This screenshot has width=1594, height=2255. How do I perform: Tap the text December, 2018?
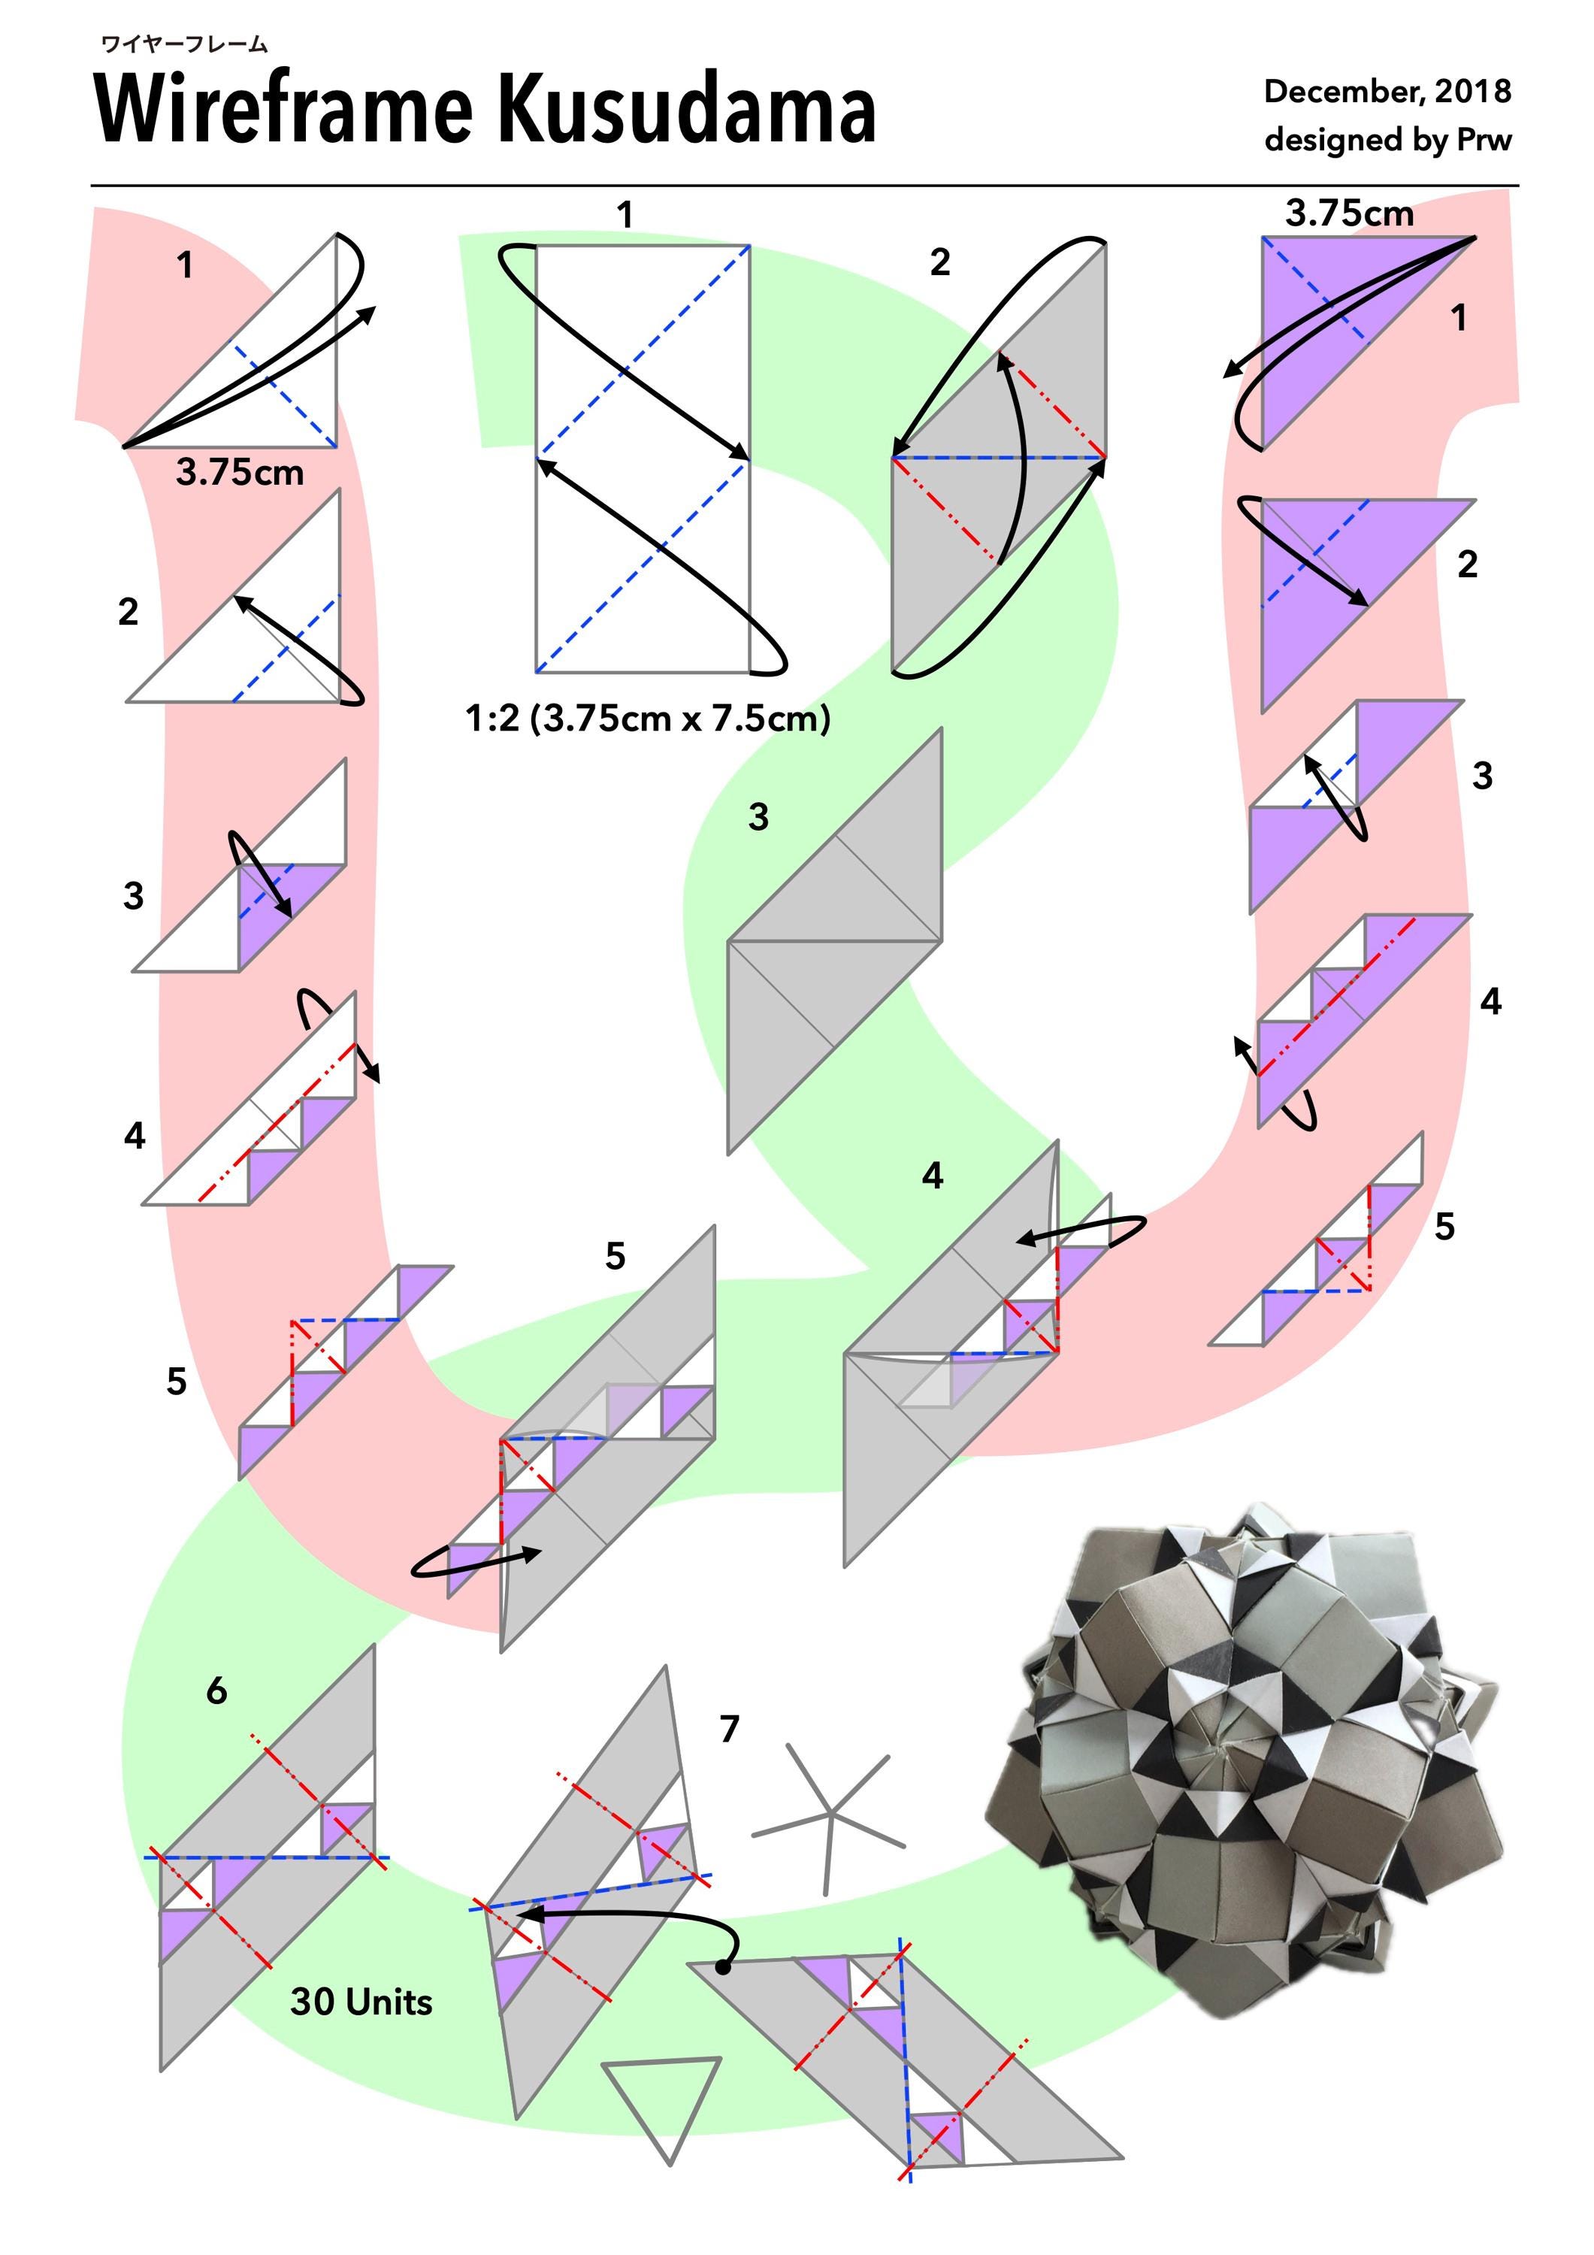click(x=1387, y=92)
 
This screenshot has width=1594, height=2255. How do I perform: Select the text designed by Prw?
click(x=1387, y=140)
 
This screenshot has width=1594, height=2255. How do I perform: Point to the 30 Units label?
click(x=361, y=2001)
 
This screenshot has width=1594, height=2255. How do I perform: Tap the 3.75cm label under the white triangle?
click(x=240, y=472)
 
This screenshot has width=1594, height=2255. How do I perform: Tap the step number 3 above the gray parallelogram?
click(x=758, y=816)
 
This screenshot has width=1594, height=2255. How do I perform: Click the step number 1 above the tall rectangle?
click(x=625, y=214)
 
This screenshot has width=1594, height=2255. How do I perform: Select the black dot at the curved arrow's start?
click(x=723, y=1966)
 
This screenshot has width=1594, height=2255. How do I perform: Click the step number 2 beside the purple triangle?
click(x=1467, y=564)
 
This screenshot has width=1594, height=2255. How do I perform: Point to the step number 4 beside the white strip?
click(x=135, y=1135)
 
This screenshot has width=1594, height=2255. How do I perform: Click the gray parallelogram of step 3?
click(x=834, y=941)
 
